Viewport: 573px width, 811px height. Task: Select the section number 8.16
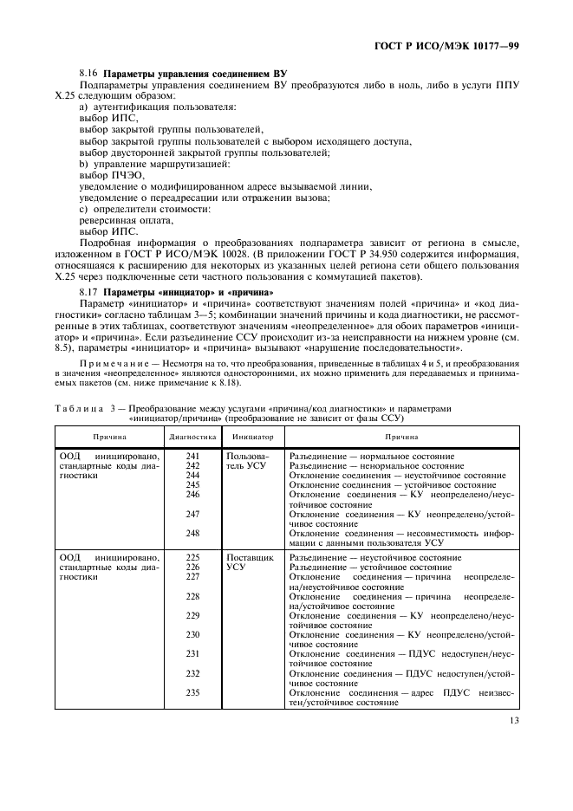point(89,75)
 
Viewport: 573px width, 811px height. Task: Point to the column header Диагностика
point(192,438)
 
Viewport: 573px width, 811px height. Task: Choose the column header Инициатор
point(252,438)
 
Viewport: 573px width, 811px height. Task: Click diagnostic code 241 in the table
point(192,456)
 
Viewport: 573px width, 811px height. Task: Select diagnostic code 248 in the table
point(192,533)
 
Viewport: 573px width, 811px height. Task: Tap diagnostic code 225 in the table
point(192,557)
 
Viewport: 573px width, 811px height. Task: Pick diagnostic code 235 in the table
point(192,692)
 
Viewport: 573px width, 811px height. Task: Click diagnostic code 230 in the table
point(192,634)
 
